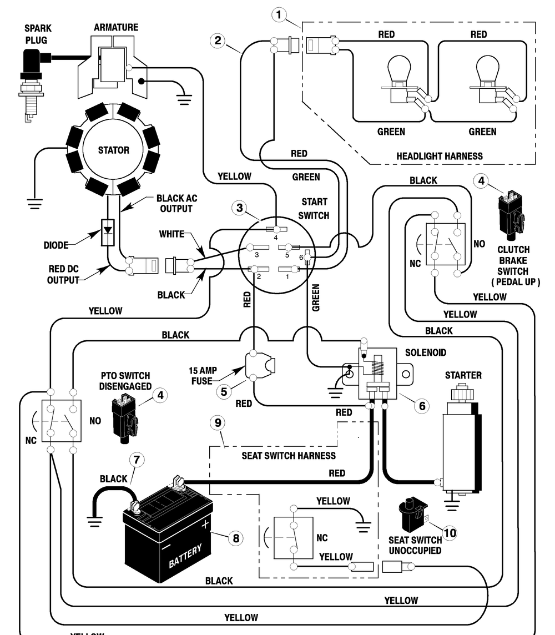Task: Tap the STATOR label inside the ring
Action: tap(113, 150)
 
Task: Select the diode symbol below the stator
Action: tap(107, 233)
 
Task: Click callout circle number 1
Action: tap(279, 15)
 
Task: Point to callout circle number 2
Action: tap(218, 40)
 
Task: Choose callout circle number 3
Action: tap(240, 208)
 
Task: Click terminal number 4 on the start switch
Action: tap(276, 230)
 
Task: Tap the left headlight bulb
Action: tap(398, 79)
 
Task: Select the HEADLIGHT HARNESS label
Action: tap(439, 157)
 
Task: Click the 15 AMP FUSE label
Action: tap(203, 376)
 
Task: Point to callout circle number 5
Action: tap(224, 392)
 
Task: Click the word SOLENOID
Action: tap(426, 352)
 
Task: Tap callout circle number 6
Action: tap(422, 406)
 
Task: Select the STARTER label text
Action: tap(463, 375)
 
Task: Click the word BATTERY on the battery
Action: tap(185, 556)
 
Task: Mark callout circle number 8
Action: tap(236, 538)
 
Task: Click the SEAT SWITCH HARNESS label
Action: tap(289, 456)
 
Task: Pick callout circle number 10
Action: tap(450, 532)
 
